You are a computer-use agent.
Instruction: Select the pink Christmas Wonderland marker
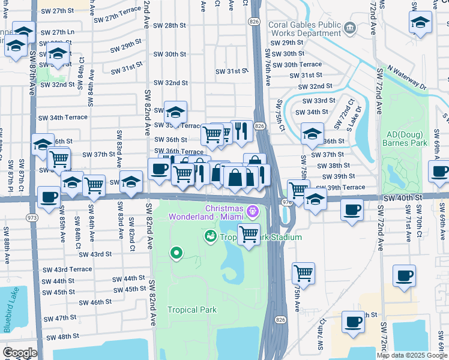pos(253,211)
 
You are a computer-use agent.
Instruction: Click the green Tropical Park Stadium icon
pos(210,236)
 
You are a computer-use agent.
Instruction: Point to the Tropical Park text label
pos(191,310)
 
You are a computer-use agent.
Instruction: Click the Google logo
pos(19,352)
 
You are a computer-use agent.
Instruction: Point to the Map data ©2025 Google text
pos(412,355)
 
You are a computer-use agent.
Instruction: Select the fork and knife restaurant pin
pos(241,130)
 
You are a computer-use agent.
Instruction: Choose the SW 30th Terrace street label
pos(303,65)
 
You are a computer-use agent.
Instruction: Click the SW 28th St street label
pos(170,25)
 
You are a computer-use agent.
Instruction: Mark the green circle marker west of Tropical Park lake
pos(176,253)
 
